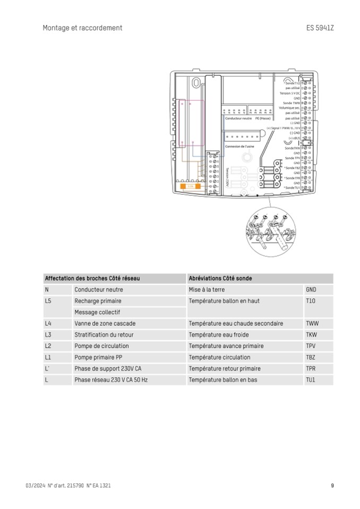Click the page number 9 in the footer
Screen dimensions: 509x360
[x=332, y=485]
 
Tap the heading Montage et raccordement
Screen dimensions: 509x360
[x=82, y=28]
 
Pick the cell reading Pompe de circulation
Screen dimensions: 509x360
[x=101, y=346]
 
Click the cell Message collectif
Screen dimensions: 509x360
[x=97, y=312]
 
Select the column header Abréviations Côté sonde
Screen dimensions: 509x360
[x=220, y=278]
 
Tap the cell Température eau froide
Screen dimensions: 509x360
[x=218, y=335]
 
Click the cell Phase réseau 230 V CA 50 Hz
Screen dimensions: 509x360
[x=111, y=380]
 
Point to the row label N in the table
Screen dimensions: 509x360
[x=47, y=290]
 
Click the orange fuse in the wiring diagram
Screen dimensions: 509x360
[x=190, y=187]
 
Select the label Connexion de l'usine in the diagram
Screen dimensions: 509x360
[x=239, y=146]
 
